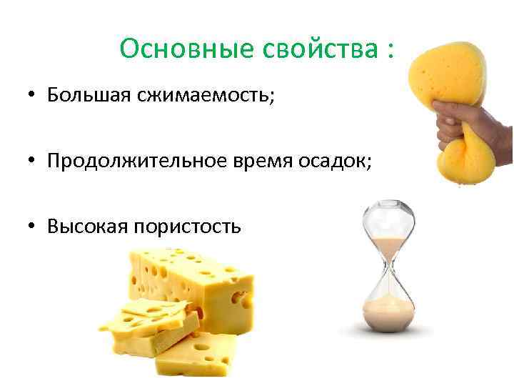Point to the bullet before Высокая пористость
33,227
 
